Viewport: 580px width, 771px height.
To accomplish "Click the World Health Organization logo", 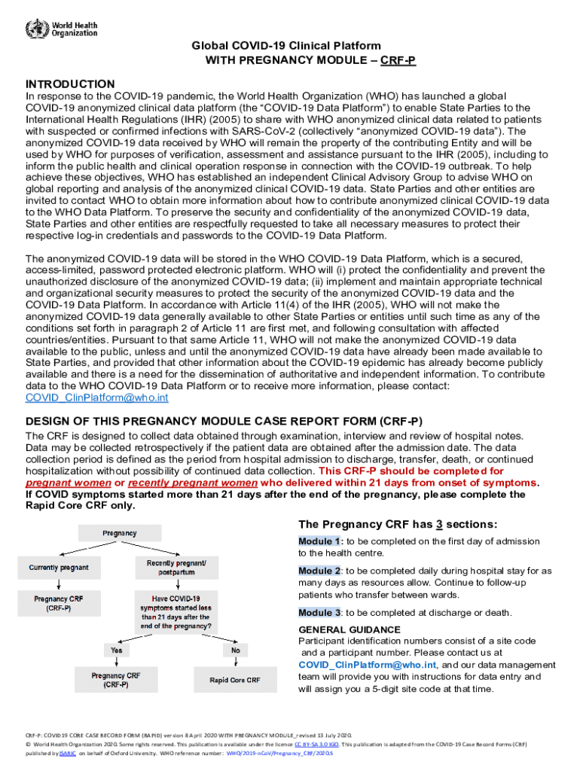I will click(x=61, y=29).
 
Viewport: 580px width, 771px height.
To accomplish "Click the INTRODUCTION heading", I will click(x=70, y=84).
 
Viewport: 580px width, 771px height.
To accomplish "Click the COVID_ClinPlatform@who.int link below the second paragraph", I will click(x=97, y=398).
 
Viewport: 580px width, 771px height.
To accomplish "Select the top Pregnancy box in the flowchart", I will click(x=120, y=533).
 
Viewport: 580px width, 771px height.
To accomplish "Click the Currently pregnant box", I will click(x=59, y=567).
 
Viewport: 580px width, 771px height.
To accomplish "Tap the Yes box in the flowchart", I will click(x=116, y=649).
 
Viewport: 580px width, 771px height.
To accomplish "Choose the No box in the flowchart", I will click(x=236, y=649).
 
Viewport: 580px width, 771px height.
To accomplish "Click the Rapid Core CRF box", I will click(x=235, y=680).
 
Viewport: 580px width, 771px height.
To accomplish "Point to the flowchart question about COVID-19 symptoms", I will click(x=177, y=610).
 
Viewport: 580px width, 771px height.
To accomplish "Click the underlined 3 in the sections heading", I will click(x=437, y=525).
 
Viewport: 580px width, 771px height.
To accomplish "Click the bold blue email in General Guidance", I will click(x=368, y=665).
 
